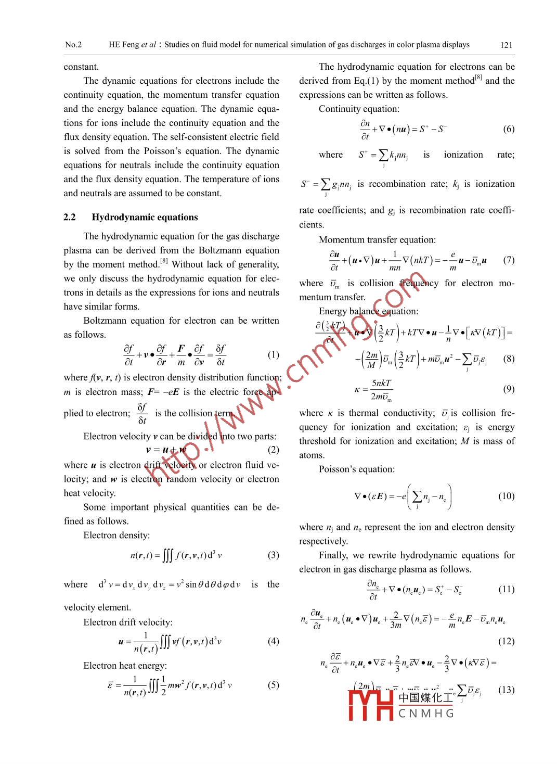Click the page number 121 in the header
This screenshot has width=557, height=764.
point(506,45)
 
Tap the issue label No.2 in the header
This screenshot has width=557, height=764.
point(73,45)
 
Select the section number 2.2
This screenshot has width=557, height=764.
point(70,217)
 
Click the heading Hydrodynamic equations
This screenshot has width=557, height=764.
point(145,217)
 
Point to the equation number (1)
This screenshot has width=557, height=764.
point(274,354)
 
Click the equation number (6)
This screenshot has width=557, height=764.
point(509,129)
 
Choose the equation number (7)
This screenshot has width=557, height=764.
point(509,260)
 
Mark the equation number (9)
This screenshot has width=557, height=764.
point(509,389)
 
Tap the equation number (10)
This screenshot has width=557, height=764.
point(506,495)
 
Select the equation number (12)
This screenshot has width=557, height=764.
point(506,641)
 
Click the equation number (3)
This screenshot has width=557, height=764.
point(274,555)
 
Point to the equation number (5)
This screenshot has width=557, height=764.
point(274,685)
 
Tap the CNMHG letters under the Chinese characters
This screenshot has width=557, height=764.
point(426,713)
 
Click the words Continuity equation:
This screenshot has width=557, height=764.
point(359,109)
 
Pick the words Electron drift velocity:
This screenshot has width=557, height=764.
point(128,622)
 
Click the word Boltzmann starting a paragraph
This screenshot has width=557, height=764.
point(106,321)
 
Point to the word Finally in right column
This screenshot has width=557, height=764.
point(333,555)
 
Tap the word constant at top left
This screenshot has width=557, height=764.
point(81,67)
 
